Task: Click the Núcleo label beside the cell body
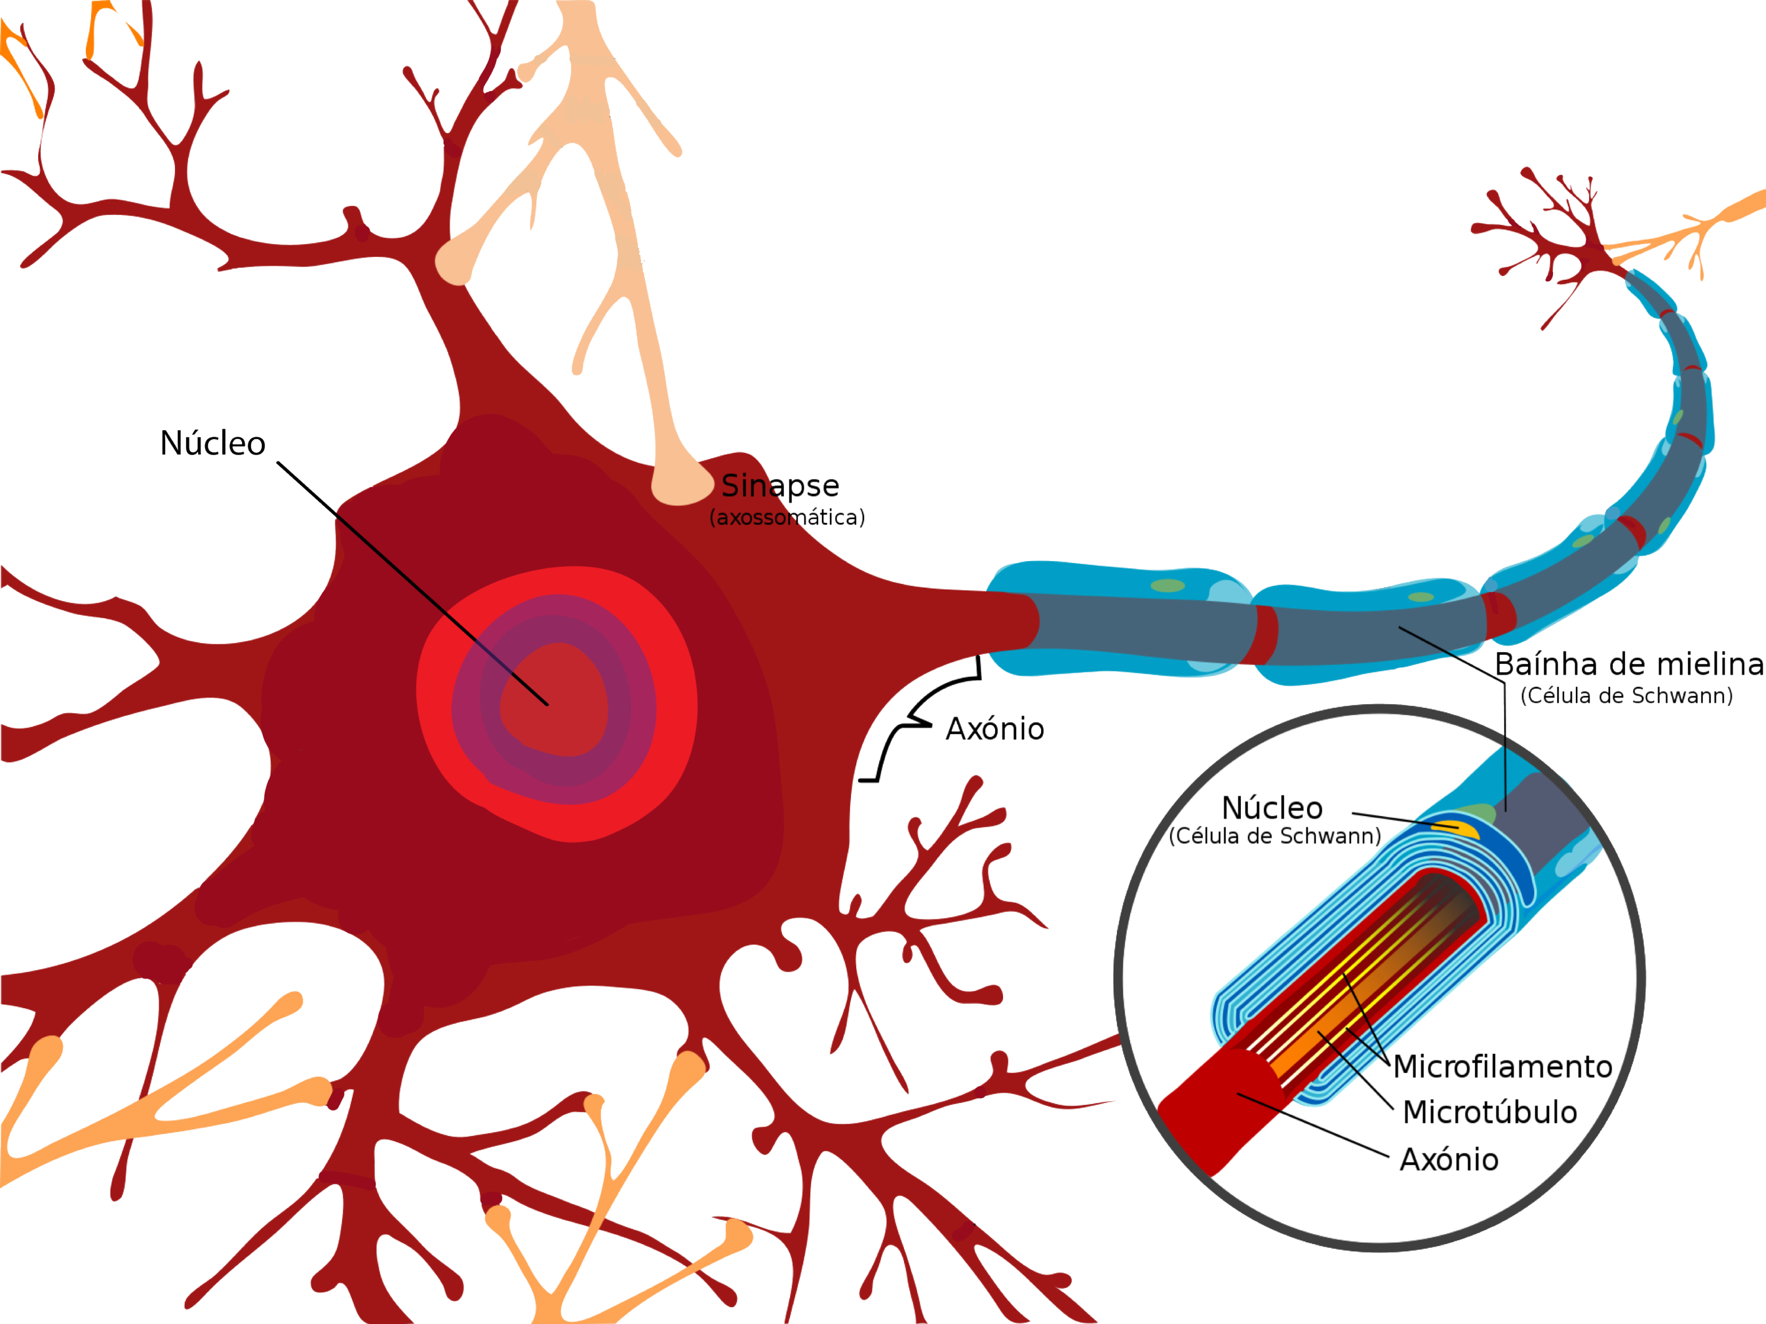pyautogui.click(x=212, y=444)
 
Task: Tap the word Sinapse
pyautogui.click(x=780, y=485)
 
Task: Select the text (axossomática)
pyautogui.click(x=787, y=517)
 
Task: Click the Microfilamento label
pyautogui.click(x=1503, y=1067)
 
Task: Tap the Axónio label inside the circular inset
pyautogui.click(x=1449, y=1160)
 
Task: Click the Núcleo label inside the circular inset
pyautogui.click(x=1272, y=808)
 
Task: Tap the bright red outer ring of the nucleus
pyautogui.click(x=435, y=703)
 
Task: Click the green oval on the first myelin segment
pyautogui.click(x=1168, y=586)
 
